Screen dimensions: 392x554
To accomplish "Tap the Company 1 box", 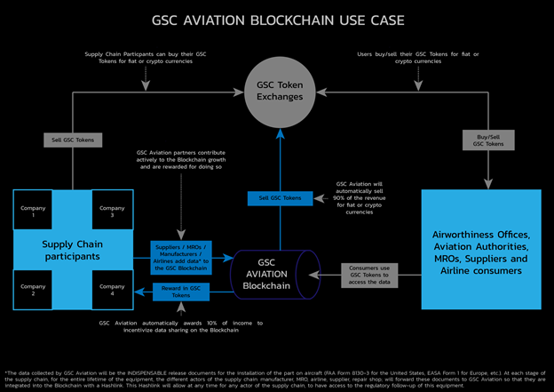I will (33, 212).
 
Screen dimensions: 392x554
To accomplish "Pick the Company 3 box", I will (113, 212).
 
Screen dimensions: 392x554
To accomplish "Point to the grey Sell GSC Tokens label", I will (73, 140).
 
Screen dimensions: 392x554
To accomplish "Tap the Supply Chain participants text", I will (73, 251).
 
